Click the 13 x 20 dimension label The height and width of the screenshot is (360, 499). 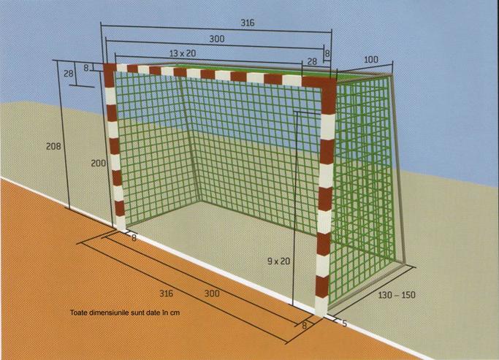coord(183,53)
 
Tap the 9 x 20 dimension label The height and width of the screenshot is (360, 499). coord(279,261)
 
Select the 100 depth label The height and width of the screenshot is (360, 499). coord(370,59)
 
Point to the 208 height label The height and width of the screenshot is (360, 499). coord(53,146)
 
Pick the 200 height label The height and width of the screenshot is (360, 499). coord(99,163)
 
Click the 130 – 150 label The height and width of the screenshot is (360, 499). coord(397,295)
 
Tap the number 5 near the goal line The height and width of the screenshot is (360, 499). coord(344,323)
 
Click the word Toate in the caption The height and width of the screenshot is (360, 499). coord(79,313)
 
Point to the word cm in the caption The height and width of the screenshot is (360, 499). coord(175,313)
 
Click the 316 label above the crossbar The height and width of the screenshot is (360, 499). coord(247,23)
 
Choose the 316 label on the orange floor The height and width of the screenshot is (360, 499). coord(166,294)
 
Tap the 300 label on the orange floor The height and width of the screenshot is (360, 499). coord(212,294)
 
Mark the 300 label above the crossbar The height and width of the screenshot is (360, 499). coord(217,39)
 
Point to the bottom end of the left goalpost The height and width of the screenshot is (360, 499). coord(121,229)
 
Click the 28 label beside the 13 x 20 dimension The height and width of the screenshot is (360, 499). coord(312,61)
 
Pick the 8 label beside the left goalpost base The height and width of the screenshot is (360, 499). coord(134,238)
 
